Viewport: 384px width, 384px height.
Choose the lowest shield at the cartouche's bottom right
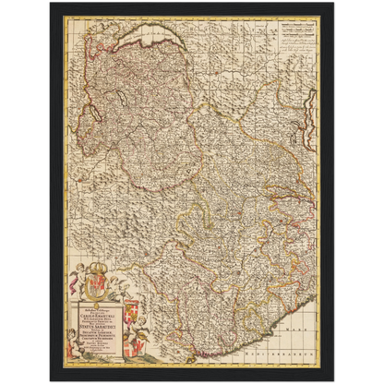coord(131,351)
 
